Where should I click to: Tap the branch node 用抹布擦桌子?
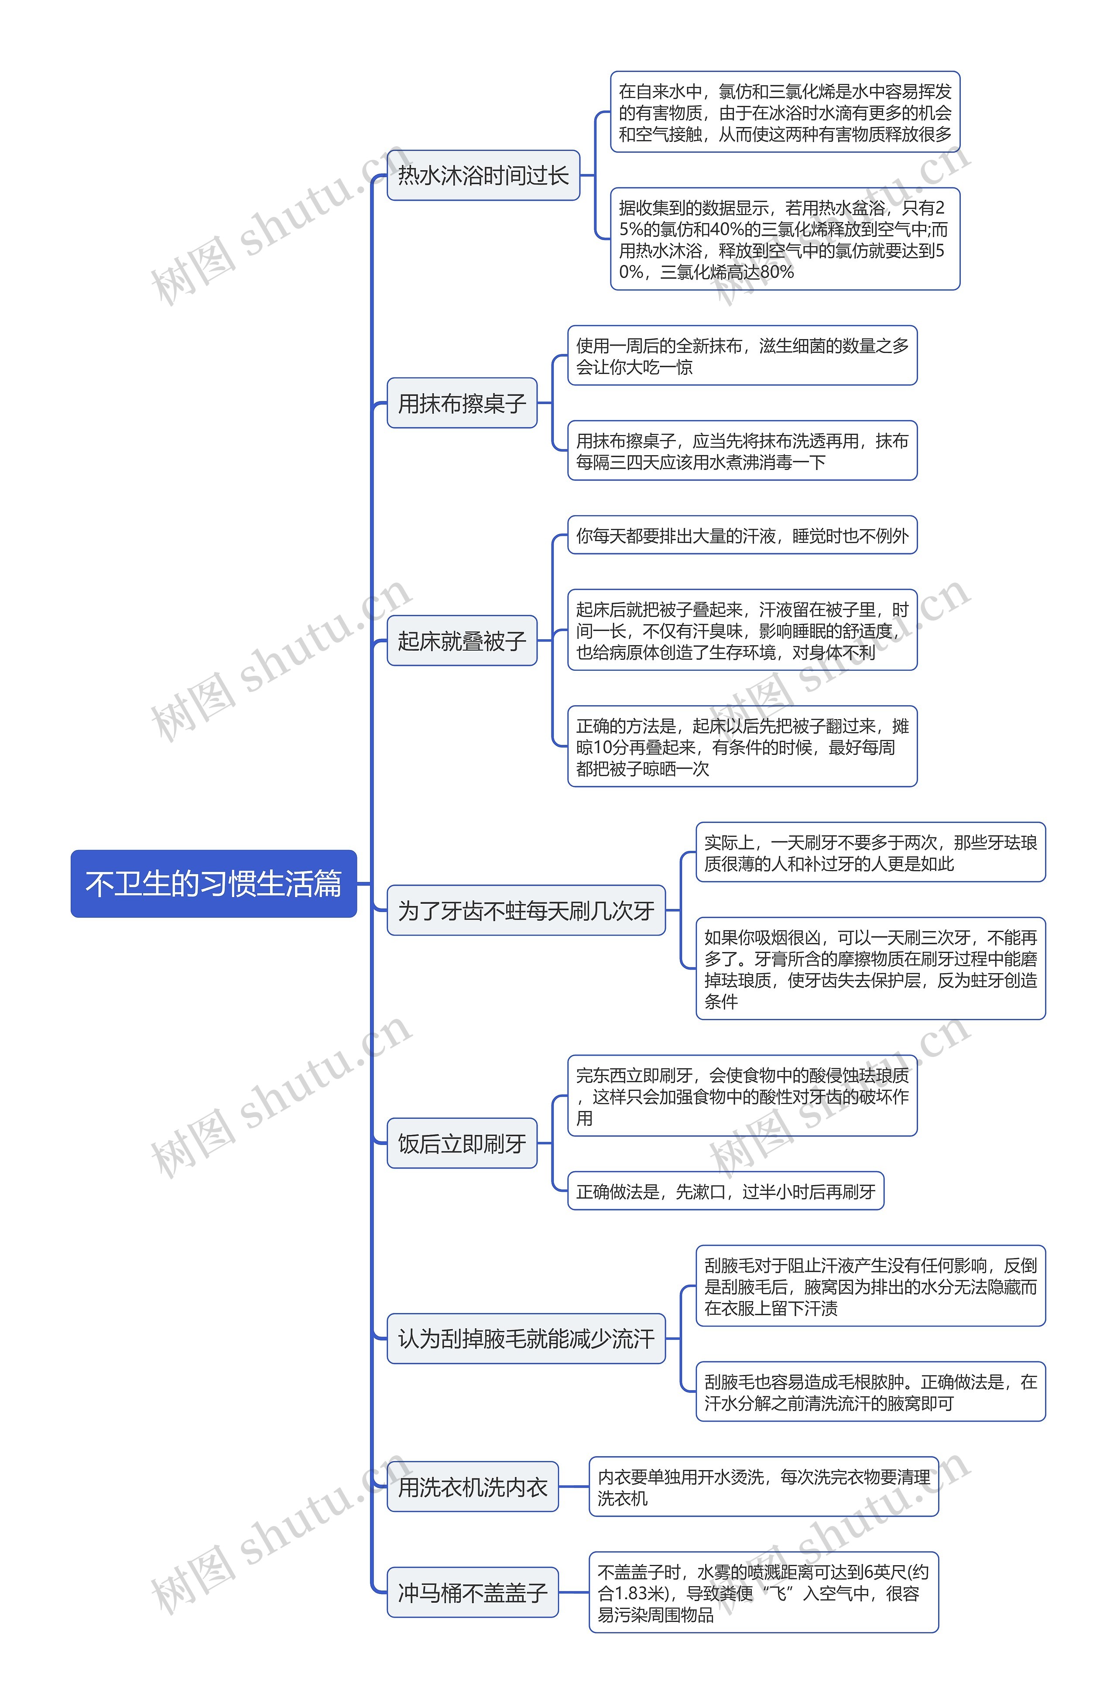[462, 403]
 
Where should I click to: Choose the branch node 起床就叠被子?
[462, 640]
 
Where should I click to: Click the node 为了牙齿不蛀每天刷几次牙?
[526, 910]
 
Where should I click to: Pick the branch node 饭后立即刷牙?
[462, 1143]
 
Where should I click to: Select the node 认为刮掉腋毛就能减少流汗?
[526, 1338]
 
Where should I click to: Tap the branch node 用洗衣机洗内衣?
[473, 1487]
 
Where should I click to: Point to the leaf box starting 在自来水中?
[785, 113]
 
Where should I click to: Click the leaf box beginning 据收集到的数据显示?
[785, 239]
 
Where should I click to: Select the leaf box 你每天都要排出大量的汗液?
[742, 535]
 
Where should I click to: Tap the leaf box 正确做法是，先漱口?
[725, 1191]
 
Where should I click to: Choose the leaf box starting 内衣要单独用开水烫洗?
[763, 1487]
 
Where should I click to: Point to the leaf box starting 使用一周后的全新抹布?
[742, 356]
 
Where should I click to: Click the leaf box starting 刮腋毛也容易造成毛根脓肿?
[870, 1391]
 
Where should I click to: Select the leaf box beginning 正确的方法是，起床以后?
[742, 746]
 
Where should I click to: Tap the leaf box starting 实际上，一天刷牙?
[870, 852]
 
